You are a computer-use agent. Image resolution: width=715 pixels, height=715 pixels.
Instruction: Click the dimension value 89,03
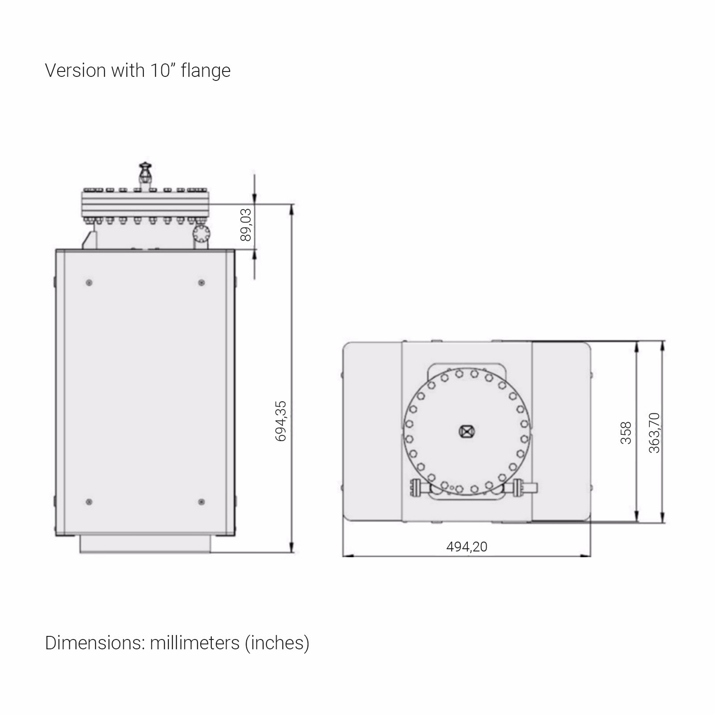(246, 224)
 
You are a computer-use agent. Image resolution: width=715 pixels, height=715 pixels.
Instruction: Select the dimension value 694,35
(281, 421)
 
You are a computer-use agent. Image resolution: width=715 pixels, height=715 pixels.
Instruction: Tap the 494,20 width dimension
(467, 547)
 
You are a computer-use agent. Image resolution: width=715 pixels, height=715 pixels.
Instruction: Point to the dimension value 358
(626, 433)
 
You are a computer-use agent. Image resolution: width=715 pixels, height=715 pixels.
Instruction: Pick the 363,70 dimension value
(654, 433)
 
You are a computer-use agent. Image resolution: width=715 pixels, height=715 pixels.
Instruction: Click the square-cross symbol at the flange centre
(467, 431)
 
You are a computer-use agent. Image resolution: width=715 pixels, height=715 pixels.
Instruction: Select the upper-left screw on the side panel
(89, 282)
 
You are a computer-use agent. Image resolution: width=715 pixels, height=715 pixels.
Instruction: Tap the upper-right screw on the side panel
(202, 282)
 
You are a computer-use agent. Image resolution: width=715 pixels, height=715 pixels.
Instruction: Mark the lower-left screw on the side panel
(89, 502)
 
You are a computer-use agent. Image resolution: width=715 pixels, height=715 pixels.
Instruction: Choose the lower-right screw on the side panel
(202, 502)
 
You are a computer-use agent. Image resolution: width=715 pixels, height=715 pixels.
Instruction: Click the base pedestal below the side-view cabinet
(145, 544)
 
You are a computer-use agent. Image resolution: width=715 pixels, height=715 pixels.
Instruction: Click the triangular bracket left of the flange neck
(89, 240)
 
